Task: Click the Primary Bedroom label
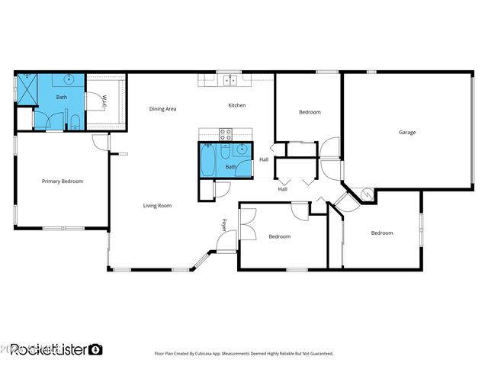tap(62, 181)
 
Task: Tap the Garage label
tap(407, 133)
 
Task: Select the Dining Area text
tap(162, 109)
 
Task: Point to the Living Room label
tap(157, 206)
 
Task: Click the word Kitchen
tap(236, 105)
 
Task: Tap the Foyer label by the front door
tap(224, 225)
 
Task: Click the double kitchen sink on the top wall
tap(228, 77)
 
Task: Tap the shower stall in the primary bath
tap(26, 88)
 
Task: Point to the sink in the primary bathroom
tap(69, 79)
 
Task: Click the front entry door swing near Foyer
tap(226, 242)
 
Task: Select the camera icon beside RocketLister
tap(95, 349)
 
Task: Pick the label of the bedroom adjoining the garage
tap(310, 112)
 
